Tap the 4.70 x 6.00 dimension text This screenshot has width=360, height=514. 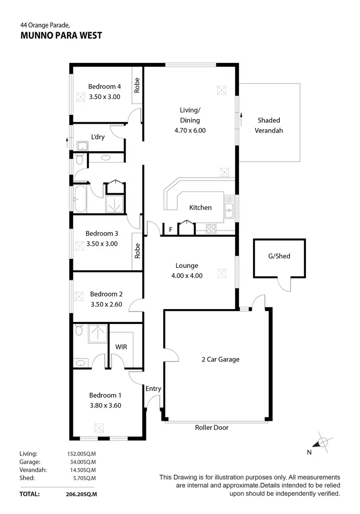(x=190, y=130)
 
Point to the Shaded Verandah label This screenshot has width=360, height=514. (x=269, y=125)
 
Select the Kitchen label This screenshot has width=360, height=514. (x=200, y=208)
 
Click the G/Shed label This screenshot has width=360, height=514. (x=279, y=256)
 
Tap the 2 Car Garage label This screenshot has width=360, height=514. (x=220, y=359)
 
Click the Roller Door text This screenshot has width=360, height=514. (x=212, y=428)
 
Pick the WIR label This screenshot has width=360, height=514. (x=121, y=347)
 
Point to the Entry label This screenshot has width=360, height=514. (x=154, y=389)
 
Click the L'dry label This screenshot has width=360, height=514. (x=98, y=137)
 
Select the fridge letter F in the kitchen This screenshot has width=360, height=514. (x=170, y=230)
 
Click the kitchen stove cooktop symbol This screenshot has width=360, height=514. (x=211, y=228)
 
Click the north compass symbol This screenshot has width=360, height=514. (x=323, y=442)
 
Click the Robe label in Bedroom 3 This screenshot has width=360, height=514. (x=137, y=251)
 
